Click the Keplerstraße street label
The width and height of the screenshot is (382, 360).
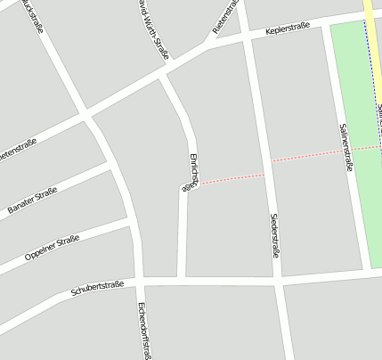288,29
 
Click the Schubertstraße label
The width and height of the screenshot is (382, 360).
97,288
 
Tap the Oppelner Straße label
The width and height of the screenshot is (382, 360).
52,246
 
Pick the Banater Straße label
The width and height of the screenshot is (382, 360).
32,200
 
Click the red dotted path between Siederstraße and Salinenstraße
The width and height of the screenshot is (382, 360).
307,156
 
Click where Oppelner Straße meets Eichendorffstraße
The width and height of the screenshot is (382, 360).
133,223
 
